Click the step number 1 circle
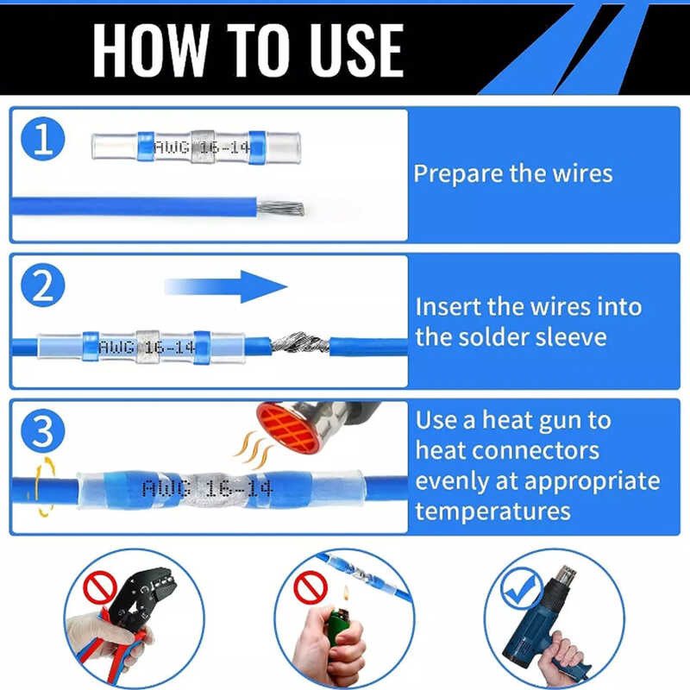pos(42,139)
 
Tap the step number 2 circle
pos(42,285)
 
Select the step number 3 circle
pos(42,430)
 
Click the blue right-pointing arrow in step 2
pos(226,287)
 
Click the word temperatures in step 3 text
pos(492,511)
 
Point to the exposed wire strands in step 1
pos(281,208)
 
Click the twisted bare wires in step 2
pos(300,342)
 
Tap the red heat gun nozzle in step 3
pos(288,427)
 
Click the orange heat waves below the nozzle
pos(254,449)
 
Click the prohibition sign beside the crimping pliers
pos(100,587)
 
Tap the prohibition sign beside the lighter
pos(310,587)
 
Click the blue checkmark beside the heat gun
pos(522,588)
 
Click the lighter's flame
pos(346,593)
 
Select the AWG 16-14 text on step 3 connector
pos(208,488)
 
